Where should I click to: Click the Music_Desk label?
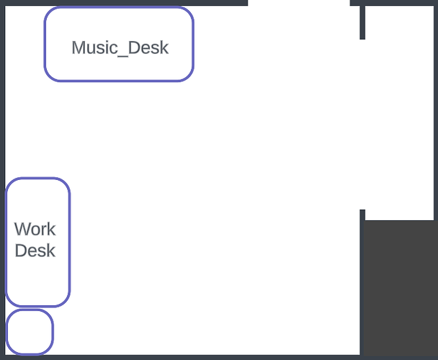[120, 48]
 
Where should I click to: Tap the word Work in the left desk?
[35, 230]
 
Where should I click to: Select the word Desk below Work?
[35, 251]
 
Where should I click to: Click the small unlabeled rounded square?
[30, 332]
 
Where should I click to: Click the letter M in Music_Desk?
[78, 48]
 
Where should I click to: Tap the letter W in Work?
[22, 230]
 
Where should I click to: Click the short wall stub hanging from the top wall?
[362, 22]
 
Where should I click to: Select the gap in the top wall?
[299, 3]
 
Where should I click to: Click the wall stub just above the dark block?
[362, 215]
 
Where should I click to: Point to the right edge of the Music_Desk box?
[193, 45]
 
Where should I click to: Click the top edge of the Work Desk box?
[37, 179]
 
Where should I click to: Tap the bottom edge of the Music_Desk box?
[119, 80]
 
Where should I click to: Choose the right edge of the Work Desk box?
[69, 242]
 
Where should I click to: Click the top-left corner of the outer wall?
[3, 3]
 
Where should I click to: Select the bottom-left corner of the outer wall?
[3, 356]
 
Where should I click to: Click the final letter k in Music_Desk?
[164, 48]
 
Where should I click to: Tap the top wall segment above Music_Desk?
[119, 2]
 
